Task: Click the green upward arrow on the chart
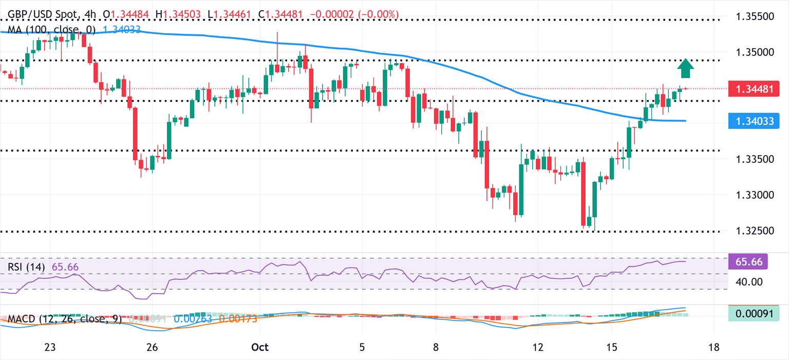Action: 685,67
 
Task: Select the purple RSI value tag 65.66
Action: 748,261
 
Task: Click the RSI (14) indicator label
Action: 26,267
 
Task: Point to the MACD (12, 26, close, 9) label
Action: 65,319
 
